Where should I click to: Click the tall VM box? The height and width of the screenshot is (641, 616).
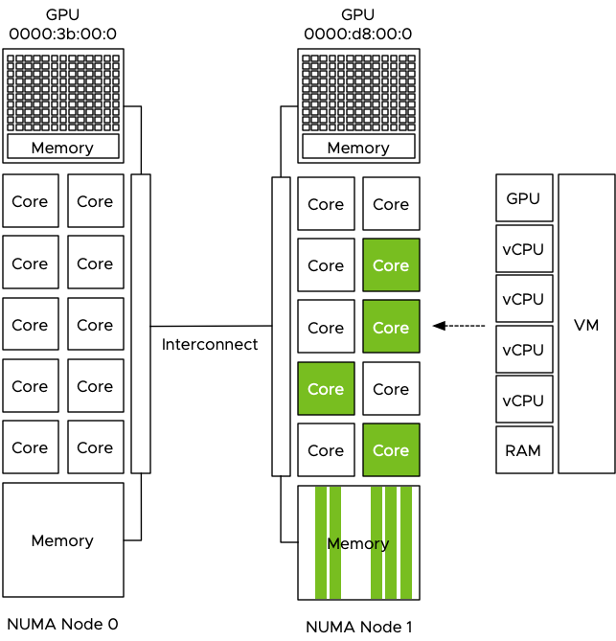tap(586, 324)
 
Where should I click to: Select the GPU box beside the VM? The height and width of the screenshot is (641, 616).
tap(523, 199)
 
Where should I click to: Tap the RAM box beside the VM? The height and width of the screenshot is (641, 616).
tap(523, 450)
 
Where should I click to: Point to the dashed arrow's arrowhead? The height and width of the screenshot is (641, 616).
tap(439, 327)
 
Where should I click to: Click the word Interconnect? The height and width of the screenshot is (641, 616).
tap(210, 344)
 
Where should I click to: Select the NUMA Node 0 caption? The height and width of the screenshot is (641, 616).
tap(62, 625)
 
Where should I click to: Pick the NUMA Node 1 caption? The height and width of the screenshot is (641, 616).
tap(358, 628)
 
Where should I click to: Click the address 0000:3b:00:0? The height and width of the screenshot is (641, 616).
tap(62, 34)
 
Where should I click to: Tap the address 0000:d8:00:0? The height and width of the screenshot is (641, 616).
tap(358, 34)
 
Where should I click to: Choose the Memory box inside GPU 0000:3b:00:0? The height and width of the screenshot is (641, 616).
tap(62, 148)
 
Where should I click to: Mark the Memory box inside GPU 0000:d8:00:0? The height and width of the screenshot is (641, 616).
tap(358, 148)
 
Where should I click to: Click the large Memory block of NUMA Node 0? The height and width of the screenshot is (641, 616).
tap(62, 540)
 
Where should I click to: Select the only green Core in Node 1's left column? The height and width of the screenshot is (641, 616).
tap(326, 389)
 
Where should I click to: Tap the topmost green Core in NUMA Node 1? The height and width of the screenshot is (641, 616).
tap(391, 265)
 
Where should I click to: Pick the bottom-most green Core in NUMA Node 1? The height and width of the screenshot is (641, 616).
tap(391, 450)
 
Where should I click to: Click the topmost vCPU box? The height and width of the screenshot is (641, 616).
tap(523, 249)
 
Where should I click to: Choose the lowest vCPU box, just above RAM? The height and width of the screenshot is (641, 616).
tap(523, 401)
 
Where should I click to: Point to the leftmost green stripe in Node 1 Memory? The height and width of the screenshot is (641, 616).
tap(321, 542)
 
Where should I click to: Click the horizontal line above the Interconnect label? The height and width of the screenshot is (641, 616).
tap(211, 326)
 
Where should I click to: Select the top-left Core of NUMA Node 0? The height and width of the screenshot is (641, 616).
tap(30, 201)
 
